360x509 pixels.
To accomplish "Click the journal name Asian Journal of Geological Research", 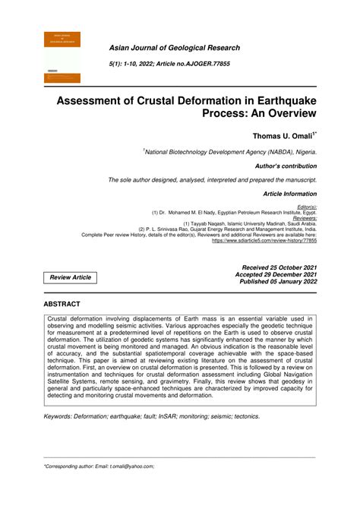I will pos(174,48).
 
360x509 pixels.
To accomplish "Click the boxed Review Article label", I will pos(71,277).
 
